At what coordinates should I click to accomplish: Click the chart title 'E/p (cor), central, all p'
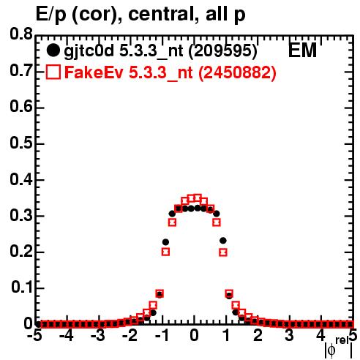[x=140, y=15]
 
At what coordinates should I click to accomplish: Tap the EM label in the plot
[x=302, y=50]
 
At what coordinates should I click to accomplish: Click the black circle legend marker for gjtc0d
[x=53, y=50]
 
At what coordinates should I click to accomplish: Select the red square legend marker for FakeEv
[x=53, y=72]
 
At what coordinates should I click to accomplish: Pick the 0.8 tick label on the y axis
[x=21, y=34]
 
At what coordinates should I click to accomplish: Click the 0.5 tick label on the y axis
[x=21, y=143]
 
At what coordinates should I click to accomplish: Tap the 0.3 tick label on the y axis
[x=21, y=216]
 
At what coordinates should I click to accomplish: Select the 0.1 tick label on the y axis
[x=22, y=288]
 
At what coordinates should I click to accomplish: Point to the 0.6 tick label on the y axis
[x=21, y=107]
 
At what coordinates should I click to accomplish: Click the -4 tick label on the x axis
[x=67, y=335]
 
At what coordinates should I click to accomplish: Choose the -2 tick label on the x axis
[x=130, y=335]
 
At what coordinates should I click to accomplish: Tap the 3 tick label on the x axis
[x=289, y=335]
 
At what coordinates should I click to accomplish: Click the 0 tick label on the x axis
[x=194, y=335]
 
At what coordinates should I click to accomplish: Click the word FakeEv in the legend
[x=94, y=72]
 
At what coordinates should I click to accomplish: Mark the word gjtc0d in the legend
[x=89, y=51]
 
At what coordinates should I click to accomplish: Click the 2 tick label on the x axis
[x=258, y=335]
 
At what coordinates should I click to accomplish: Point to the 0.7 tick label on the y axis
[x=21, y=70]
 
